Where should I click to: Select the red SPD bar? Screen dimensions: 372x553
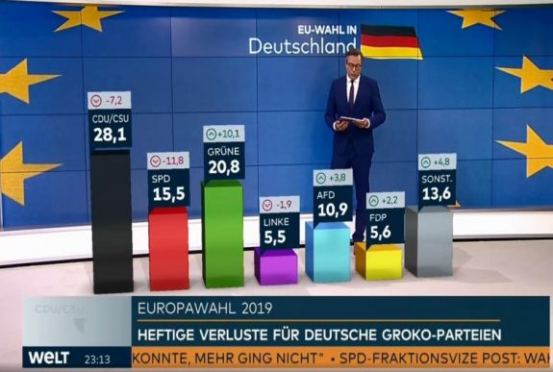[168, 250]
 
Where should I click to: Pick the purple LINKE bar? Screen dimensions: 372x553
[276, 266]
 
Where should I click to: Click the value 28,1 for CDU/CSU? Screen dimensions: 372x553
[110, 136]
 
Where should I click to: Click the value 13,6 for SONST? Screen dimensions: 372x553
[436, 194]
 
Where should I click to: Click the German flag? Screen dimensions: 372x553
[390, 41]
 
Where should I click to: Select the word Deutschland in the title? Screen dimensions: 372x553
[301, 45]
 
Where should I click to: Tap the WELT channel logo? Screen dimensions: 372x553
[49, 358]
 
